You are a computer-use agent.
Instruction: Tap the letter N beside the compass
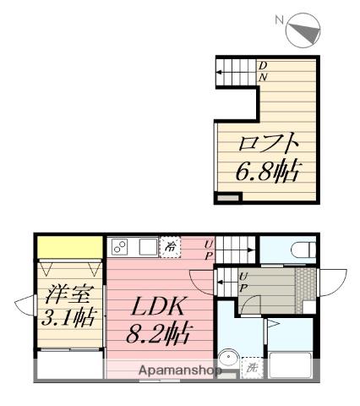pyautogui.click(x=280, y=18)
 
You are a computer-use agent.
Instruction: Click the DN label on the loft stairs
pyautogui.click(x=263, y=71)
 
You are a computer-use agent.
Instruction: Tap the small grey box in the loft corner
pyautogui.click(x=228, y=198)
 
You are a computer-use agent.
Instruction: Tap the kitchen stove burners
pyautogui.click(x=119, y=248)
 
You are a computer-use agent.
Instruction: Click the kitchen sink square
pyautogui.click(x=147, y=248)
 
